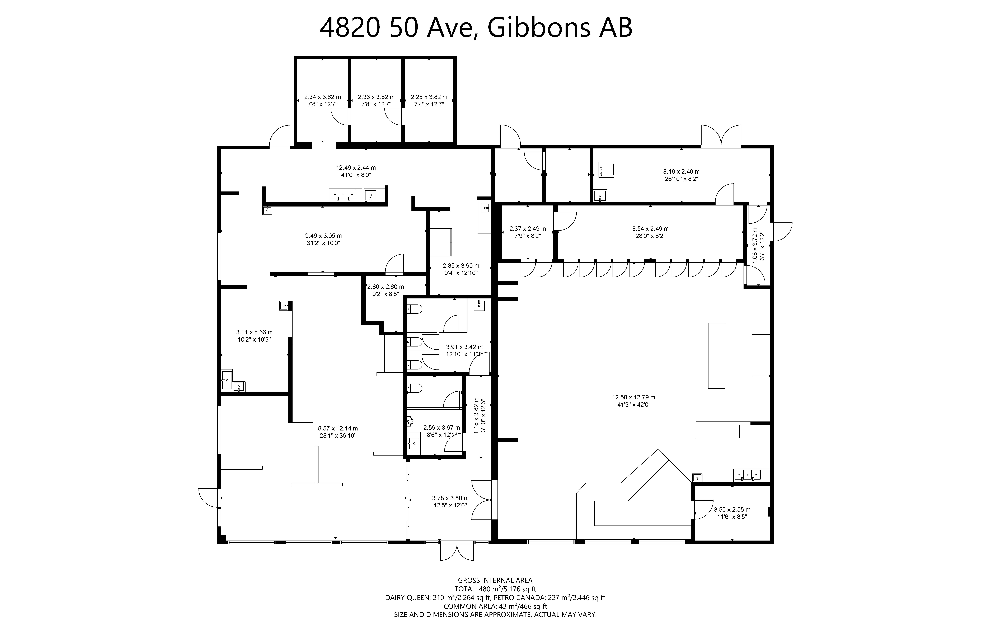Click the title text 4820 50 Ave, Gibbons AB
(476, 28)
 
